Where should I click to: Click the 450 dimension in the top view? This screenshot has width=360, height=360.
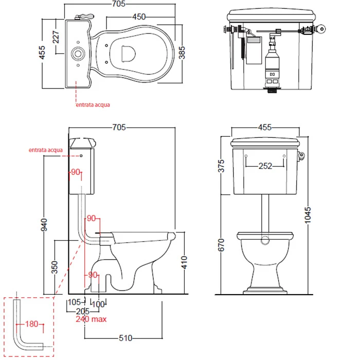tap(139, 17)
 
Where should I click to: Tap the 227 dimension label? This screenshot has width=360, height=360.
tap(56, 37)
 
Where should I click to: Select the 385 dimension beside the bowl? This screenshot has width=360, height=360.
tap(182, 52)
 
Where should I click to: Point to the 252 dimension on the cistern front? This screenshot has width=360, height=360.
tap(265, 166)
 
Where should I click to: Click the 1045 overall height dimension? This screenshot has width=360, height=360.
tap(308, 215)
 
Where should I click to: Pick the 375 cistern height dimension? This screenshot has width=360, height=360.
tap(221, 166)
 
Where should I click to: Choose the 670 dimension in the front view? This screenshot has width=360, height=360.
tap(221, 245)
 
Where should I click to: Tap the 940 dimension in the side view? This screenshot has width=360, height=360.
tap(44, 225)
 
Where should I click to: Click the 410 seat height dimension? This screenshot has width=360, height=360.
tap(184, 262)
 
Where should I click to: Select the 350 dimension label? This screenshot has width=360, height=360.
tap(55, 267)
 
